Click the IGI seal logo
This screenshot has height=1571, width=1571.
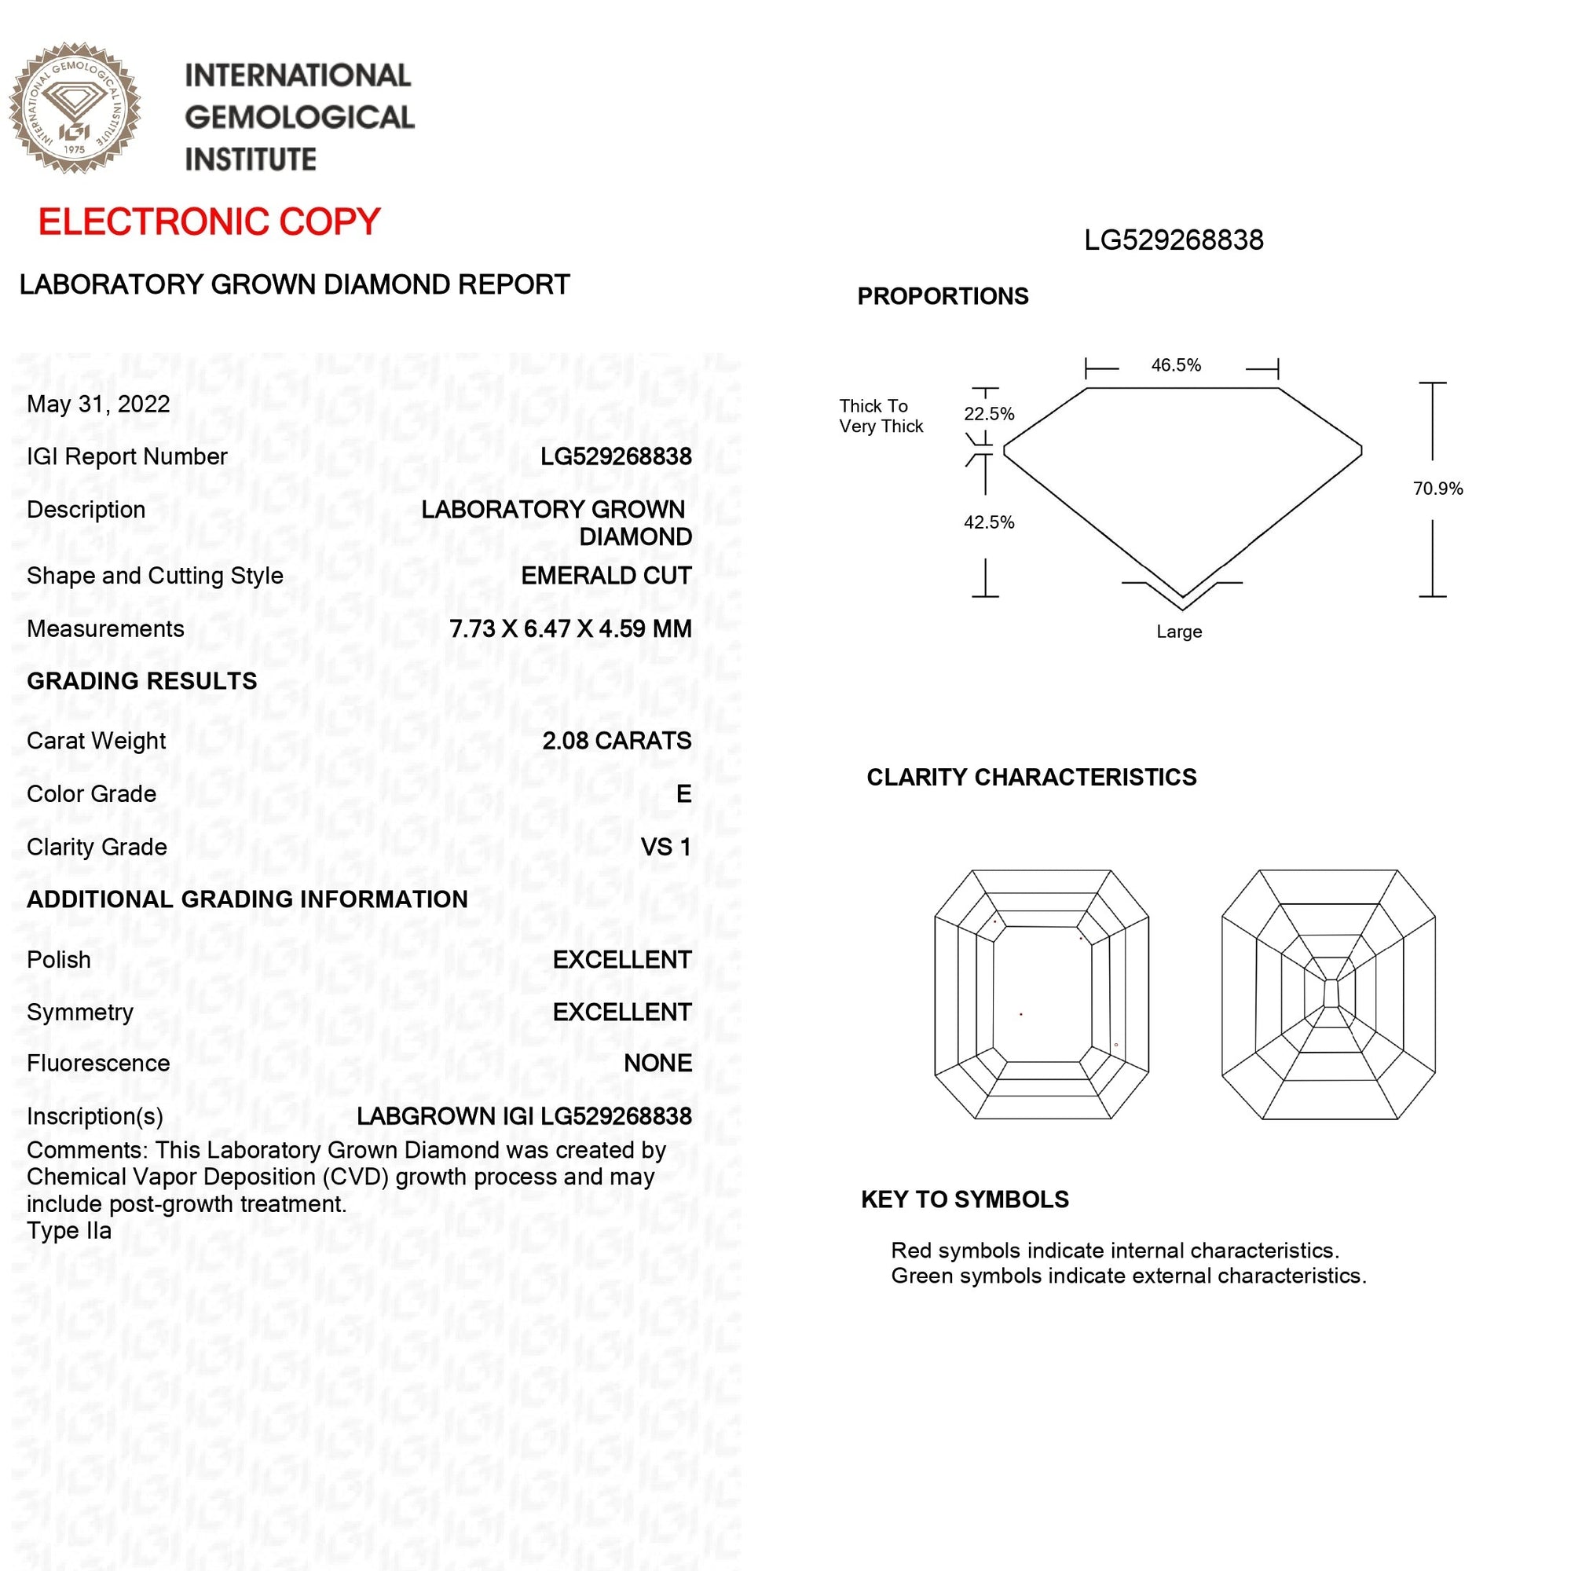pos(75,108)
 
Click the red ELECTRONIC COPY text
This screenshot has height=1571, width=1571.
pos(209,222)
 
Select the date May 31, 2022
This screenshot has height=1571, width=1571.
pos(98,404)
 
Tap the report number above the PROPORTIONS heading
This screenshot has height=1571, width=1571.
pos(1174,240)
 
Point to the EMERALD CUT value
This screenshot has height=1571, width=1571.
pos(606,576)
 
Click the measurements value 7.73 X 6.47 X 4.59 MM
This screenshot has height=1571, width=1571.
pos(570,628)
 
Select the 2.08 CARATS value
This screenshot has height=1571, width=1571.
pos(617,741)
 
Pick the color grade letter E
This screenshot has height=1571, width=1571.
pos(683,793)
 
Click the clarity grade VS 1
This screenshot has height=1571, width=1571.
pos(665,848)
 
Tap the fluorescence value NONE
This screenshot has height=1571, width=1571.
pos(657,1063)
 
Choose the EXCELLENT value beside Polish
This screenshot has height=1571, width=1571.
pos(621,960)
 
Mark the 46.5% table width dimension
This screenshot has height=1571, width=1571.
pos(1176,365)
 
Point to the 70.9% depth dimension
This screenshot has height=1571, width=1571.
pos(1437,489)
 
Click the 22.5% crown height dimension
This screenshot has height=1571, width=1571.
pos(989,414)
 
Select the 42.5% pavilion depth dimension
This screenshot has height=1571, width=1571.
pos(989,522)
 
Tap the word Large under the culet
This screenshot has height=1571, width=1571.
pos(1179,632)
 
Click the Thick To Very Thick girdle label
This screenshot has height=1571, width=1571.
pos(881,416)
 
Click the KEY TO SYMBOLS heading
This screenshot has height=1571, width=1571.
pos(965,1199)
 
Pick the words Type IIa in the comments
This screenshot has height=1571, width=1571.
pos(69,1231)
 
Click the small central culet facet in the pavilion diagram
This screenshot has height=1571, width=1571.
pos(1330,994)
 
